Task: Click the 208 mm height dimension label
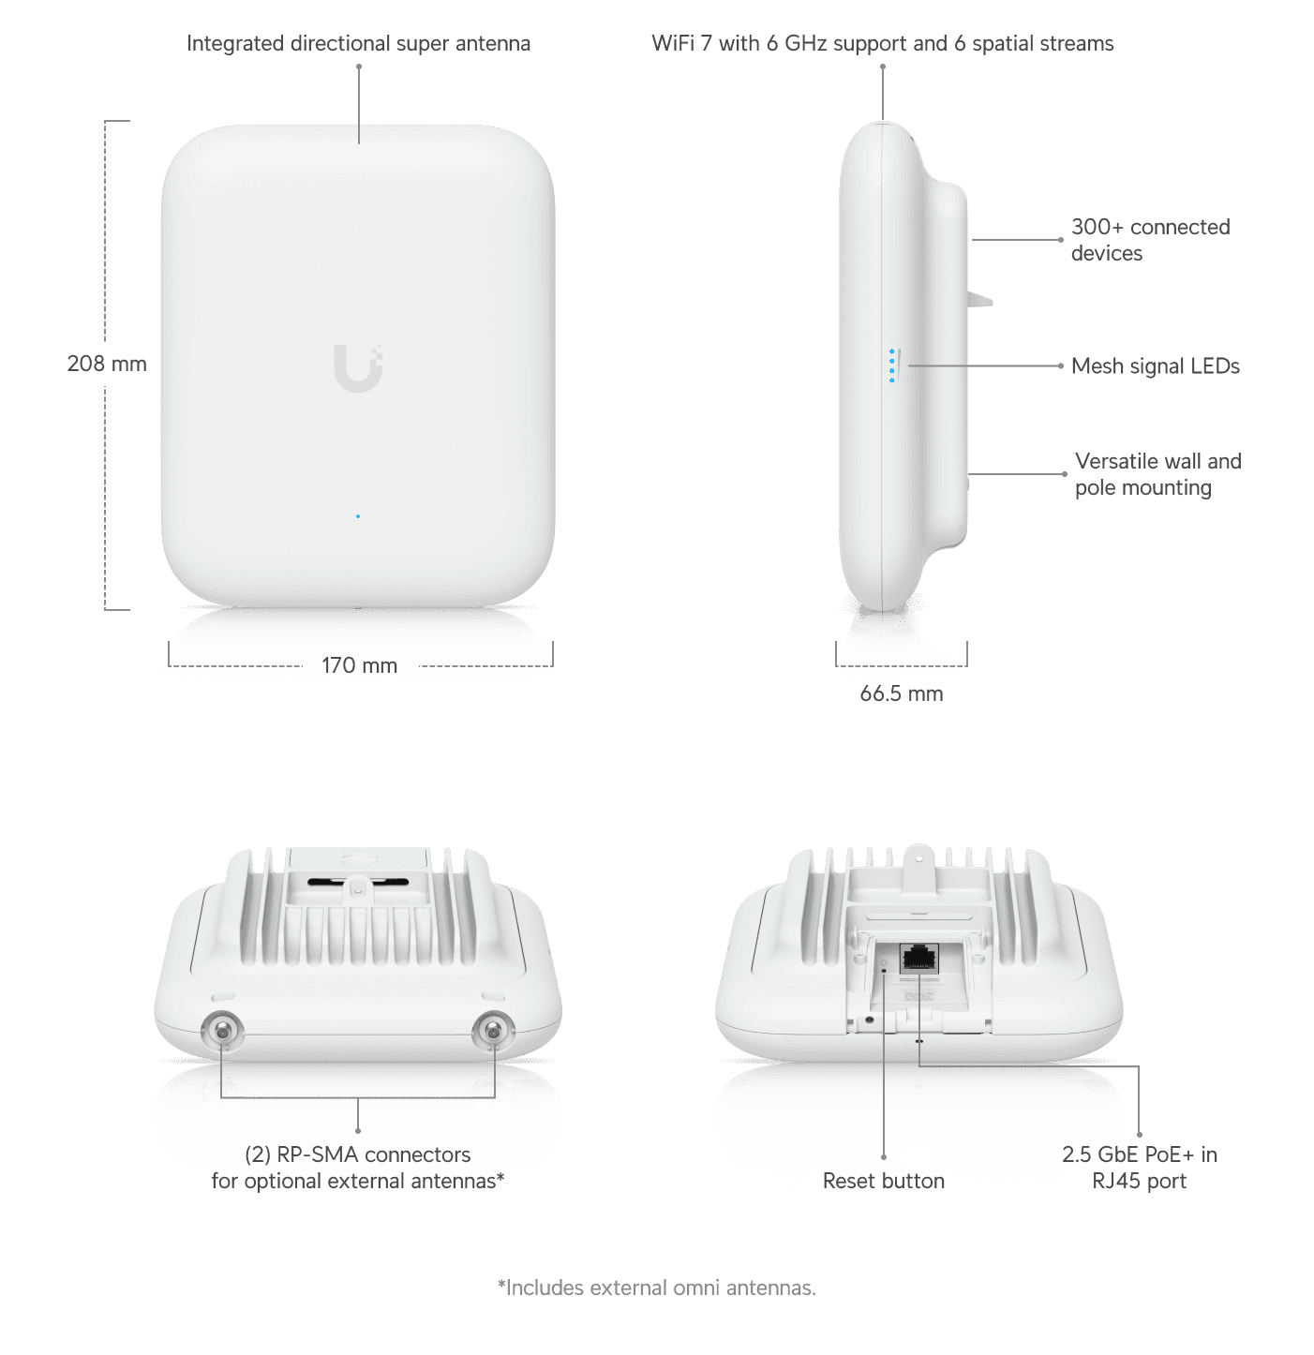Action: click(x=107, y=364)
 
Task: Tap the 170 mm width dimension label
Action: click(x=359, y=665)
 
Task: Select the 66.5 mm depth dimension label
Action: click(x=901, y=693)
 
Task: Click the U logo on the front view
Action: click(x=358, y=367)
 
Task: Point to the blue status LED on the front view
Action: click(x=358, y=516)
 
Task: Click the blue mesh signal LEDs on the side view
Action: click(x=892, y=365)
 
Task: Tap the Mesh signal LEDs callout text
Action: click(x=1156, y=366)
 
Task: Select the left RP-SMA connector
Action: click(x=223, y=1031)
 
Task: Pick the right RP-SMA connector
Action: click(x=493, y=1031)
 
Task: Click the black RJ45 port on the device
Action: click(x=919, y=959)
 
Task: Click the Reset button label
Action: click(x=883, y=1181)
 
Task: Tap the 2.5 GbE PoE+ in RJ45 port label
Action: click(x=1140, y=1168)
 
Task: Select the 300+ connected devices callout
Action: click(x=1150, y=240)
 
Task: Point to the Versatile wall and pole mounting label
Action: click(x=1158, y=474)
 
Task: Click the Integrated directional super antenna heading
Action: click(x=359, y=44)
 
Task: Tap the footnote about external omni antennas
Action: click(x=657, y=1288)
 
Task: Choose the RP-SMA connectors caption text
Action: click(x=358, y=1168)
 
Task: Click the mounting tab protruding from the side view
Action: click(x=979, y=300)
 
